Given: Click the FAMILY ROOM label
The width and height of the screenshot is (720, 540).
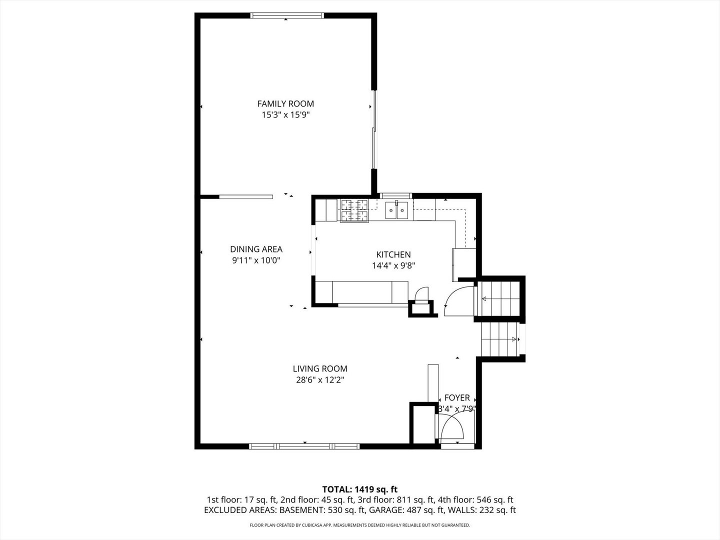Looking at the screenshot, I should tap(285, 103).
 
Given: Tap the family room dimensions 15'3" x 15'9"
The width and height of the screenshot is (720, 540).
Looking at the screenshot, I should tap(285, 115).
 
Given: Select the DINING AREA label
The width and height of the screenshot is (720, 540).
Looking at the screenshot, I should tap(256, 249).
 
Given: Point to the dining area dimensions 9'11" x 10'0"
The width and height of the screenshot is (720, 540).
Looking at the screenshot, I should tap(256, 260).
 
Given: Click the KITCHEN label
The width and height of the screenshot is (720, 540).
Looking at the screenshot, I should tap(393, 254).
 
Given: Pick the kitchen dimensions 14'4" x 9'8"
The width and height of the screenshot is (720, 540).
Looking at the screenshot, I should tap(393, 266).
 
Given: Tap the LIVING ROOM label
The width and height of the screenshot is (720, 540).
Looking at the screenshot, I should tap(320, 368).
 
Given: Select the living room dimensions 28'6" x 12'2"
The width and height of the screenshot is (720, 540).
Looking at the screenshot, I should tap(320, 380).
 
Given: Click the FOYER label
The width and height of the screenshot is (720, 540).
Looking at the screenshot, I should tap(457, 397).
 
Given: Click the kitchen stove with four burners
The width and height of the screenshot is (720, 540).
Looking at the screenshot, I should tap(354, 210).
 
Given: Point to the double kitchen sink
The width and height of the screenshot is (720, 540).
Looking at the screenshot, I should tap(396, 210).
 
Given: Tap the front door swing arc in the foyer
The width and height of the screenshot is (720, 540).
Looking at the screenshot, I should tap(452, 428).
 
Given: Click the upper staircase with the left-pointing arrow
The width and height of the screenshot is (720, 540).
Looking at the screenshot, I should tap(498, 299).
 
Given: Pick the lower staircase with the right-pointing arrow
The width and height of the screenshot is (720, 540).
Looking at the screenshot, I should tap(499, 339).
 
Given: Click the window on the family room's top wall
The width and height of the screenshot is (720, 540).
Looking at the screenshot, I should tap(287, 15).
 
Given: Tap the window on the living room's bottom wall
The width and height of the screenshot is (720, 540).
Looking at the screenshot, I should tap(304, 446).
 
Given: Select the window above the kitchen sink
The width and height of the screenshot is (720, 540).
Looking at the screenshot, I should tap(395, 195).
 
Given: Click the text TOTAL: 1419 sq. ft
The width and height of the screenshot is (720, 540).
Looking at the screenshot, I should tap(359, 489).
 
